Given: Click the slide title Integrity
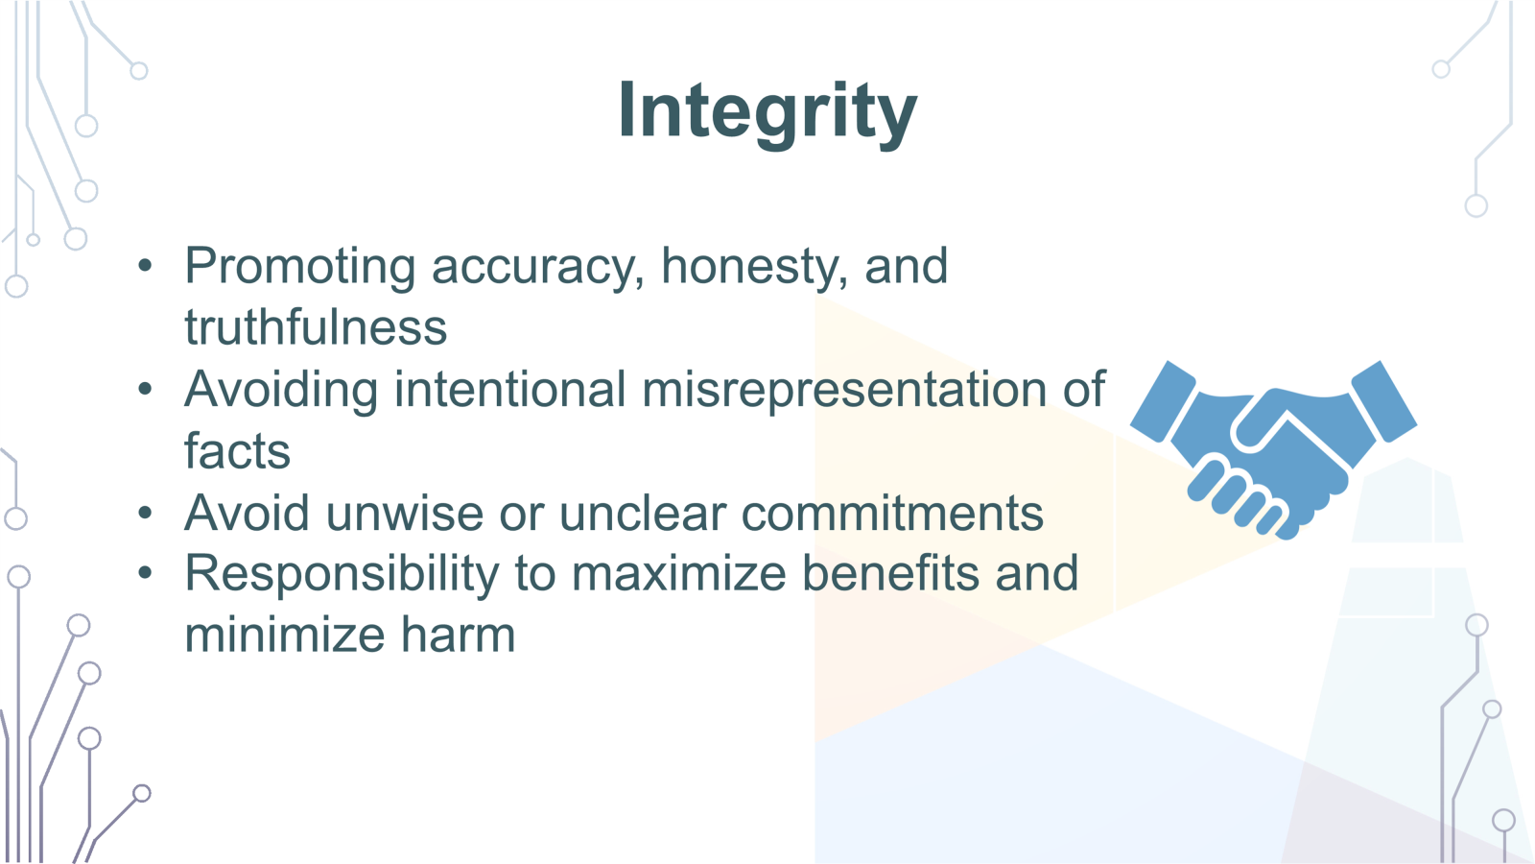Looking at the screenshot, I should pos(767,111).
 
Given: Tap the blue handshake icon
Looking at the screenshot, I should pos(1274,447).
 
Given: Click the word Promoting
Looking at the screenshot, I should pos(299,267).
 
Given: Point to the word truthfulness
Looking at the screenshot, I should pos(316,327).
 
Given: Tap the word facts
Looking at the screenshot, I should pos(237,451).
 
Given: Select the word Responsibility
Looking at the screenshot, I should pos(342,574).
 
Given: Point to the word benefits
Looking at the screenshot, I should pos(891,573).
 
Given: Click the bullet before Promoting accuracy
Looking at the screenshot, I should pos(145,266).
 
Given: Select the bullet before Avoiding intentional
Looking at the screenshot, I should pos(145,390).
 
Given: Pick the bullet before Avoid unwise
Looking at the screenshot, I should pos(145,513).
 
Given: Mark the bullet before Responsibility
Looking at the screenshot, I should pos(145,574).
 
